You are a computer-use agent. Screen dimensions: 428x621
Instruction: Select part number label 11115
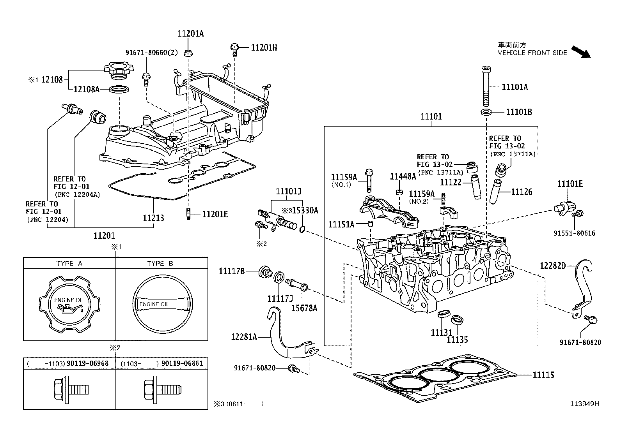[x=543, y=375]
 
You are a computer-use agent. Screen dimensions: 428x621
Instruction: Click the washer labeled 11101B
[x=486, y=113]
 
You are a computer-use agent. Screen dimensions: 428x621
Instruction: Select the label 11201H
[x=264, y=48]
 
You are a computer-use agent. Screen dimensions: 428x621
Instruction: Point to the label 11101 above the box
[x=431, y=116]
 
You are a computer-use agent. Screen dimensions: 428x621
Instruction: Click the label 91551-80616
[x=575, y=233]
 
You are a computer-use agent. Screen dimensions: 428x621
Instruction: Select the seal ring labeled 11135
[x=457, y=320]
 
